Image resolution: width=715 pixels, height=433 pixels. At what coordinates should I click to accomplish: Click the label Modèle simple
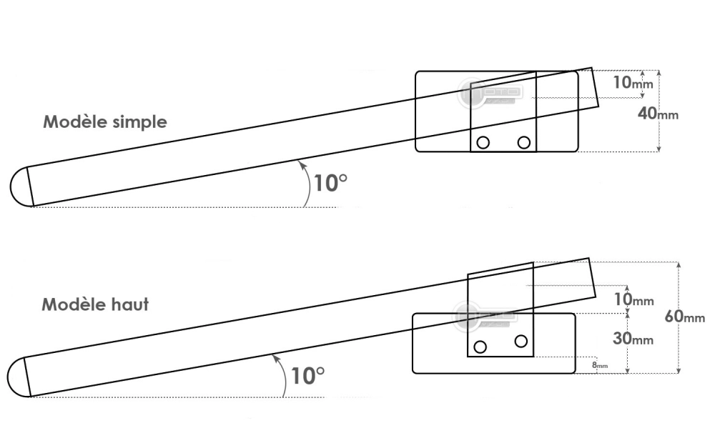tap(105, 121)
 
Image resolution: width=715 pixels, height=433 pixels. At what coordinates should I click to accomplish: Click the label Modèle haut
tap(95, 304)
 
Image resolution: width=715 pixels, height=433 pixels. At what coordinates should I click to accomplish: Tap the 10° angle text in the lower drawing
tap(308, 375)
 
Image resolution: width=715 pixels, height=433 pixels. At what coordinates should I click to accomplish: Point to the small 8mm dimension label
tap(600, 365)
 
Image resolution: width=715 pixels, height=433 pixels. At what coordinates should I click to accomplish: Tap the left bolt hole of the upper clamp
tap(483, 142)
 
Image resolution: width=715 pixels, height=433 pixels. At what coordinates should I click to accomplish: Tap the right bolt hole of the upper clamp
tap(524, 142)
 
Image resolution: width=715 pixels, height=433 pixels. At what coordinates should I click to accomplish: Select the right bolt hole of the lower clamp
tap(521, 340)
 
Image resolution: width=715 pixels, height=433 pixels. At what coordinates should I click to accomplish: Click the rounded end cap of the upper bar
tap(20, 187)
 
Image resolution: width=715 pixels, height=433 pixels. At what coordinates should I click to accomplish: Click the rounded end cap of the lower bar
tap(17, 377)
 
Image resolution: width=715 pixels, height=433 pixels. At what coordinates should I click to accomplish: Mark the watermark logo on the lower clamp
tap(485, 315)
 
